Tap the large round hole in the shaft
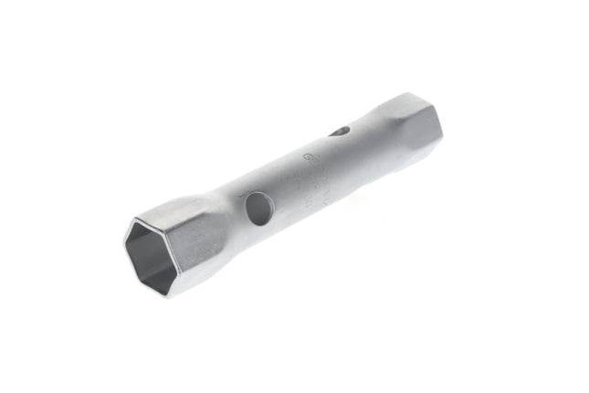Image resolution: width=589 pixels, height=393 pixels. click(x=258, y=210)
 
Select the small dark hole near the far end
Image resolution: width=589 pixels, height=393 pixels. click(x=339, y=132)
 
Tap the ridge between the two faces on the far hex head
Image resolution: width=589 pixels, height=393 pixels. click(x=411, y=116)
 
